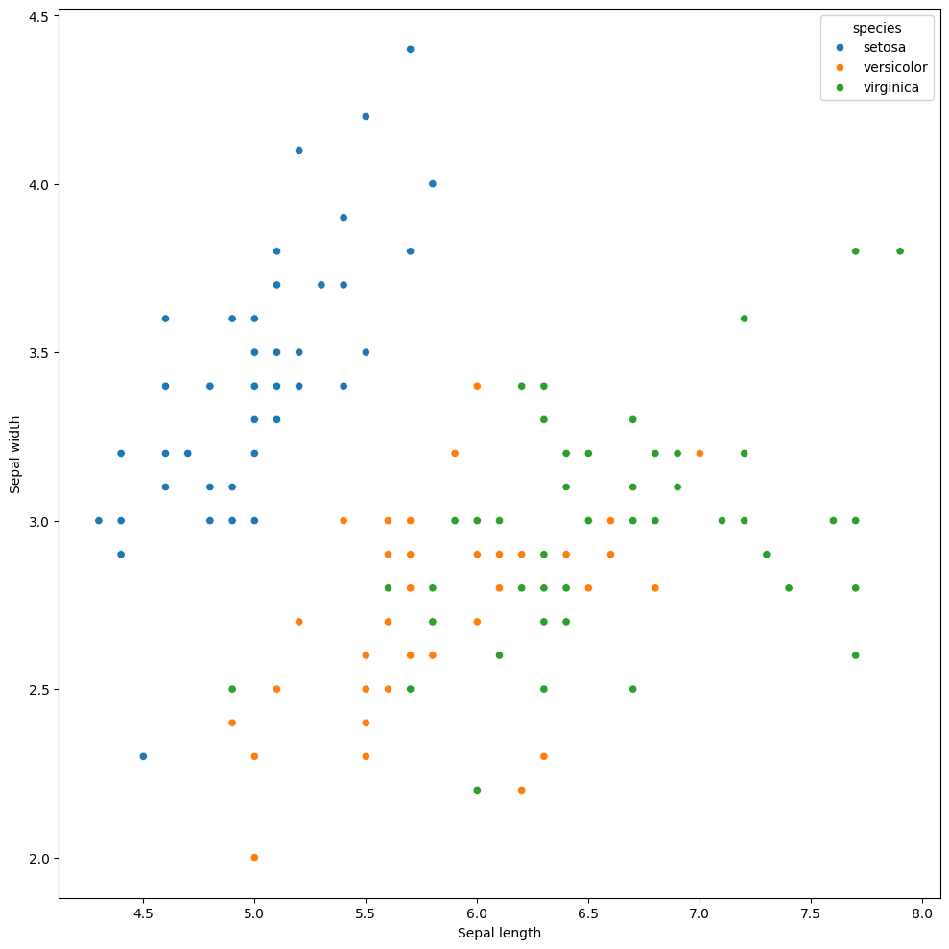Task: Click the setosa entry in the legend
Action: coord(884,47)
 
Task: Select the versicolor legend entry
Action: coord(894,67)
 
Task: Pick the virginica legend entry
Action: coord(891,87)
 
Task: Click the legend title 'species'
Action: coord(876,27)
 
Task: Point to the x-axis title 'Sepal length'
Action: coord(499,933)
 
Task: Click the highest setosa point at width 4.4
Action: coord(410,49)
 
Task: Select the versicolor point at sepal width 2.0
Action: coord(254,857)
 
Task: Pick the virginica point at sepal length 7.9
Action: coord(900,251)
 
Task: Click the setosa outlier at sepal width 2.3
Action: coord(143,756)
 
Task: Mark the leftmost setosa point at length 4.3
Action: coord(99,520)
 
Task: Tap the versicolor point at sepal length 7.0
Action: coord(700,453)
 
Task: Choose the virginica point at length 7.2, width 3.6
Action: coord(744,319)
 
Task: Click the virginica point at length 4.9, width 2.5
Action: coord(232,689)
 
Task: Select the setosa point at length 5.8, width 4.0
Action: coord(432,184)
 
